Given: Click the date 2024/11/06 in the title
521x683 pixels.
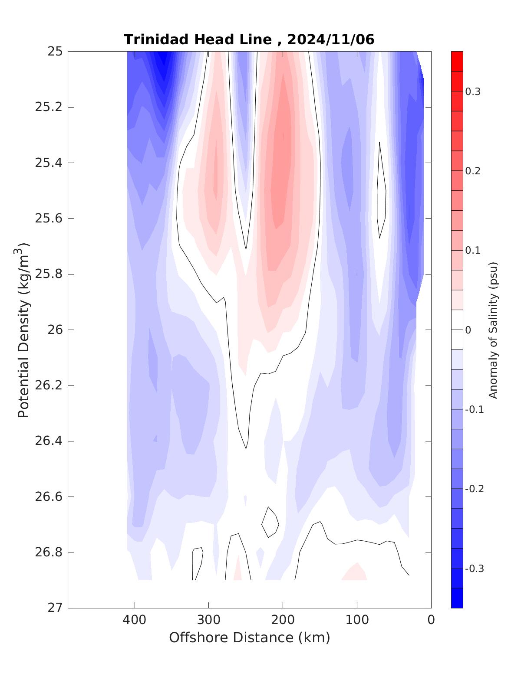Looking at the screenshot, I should pos(331,39).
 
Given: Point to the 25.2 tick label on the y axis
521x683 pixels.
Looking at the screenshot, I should pos(48,107).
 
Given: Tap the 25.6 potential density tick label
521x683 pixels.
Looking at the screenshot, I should pos(48,218).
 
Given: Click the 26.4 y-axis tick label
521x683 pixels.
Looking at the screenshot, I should pos(48,441).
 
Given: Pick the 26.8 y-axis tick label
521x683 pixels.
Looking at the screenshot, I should pos(48,552).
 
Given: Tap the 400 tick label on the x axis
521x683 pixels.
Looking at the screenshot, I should pos(135,620).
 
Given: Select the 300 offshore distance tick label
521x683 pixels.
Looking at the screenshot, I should pos(208,620).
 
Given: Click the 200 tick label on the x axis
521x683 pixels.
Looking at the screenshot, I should pos(283,620).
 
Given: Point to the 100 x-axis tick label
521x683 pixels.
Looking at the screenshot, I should pos(357,620).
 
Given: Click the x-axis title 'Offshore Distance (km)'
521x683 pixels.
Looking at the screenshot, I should pos(249,637).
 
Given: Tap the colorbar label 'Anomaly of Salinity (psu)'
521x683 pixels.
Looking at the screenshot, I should pos(493,330).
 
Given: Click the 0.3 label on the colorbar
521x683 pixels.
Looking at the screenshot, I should pos(472,92).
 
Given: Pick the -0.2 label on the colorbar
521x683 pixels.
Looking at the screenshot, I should pos(474,489).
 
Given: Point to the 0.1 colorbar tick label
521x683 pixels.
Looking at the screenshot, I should pos(472,250).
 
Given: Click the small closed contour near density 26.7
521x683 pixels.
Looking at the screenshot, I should pos(270,522).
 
